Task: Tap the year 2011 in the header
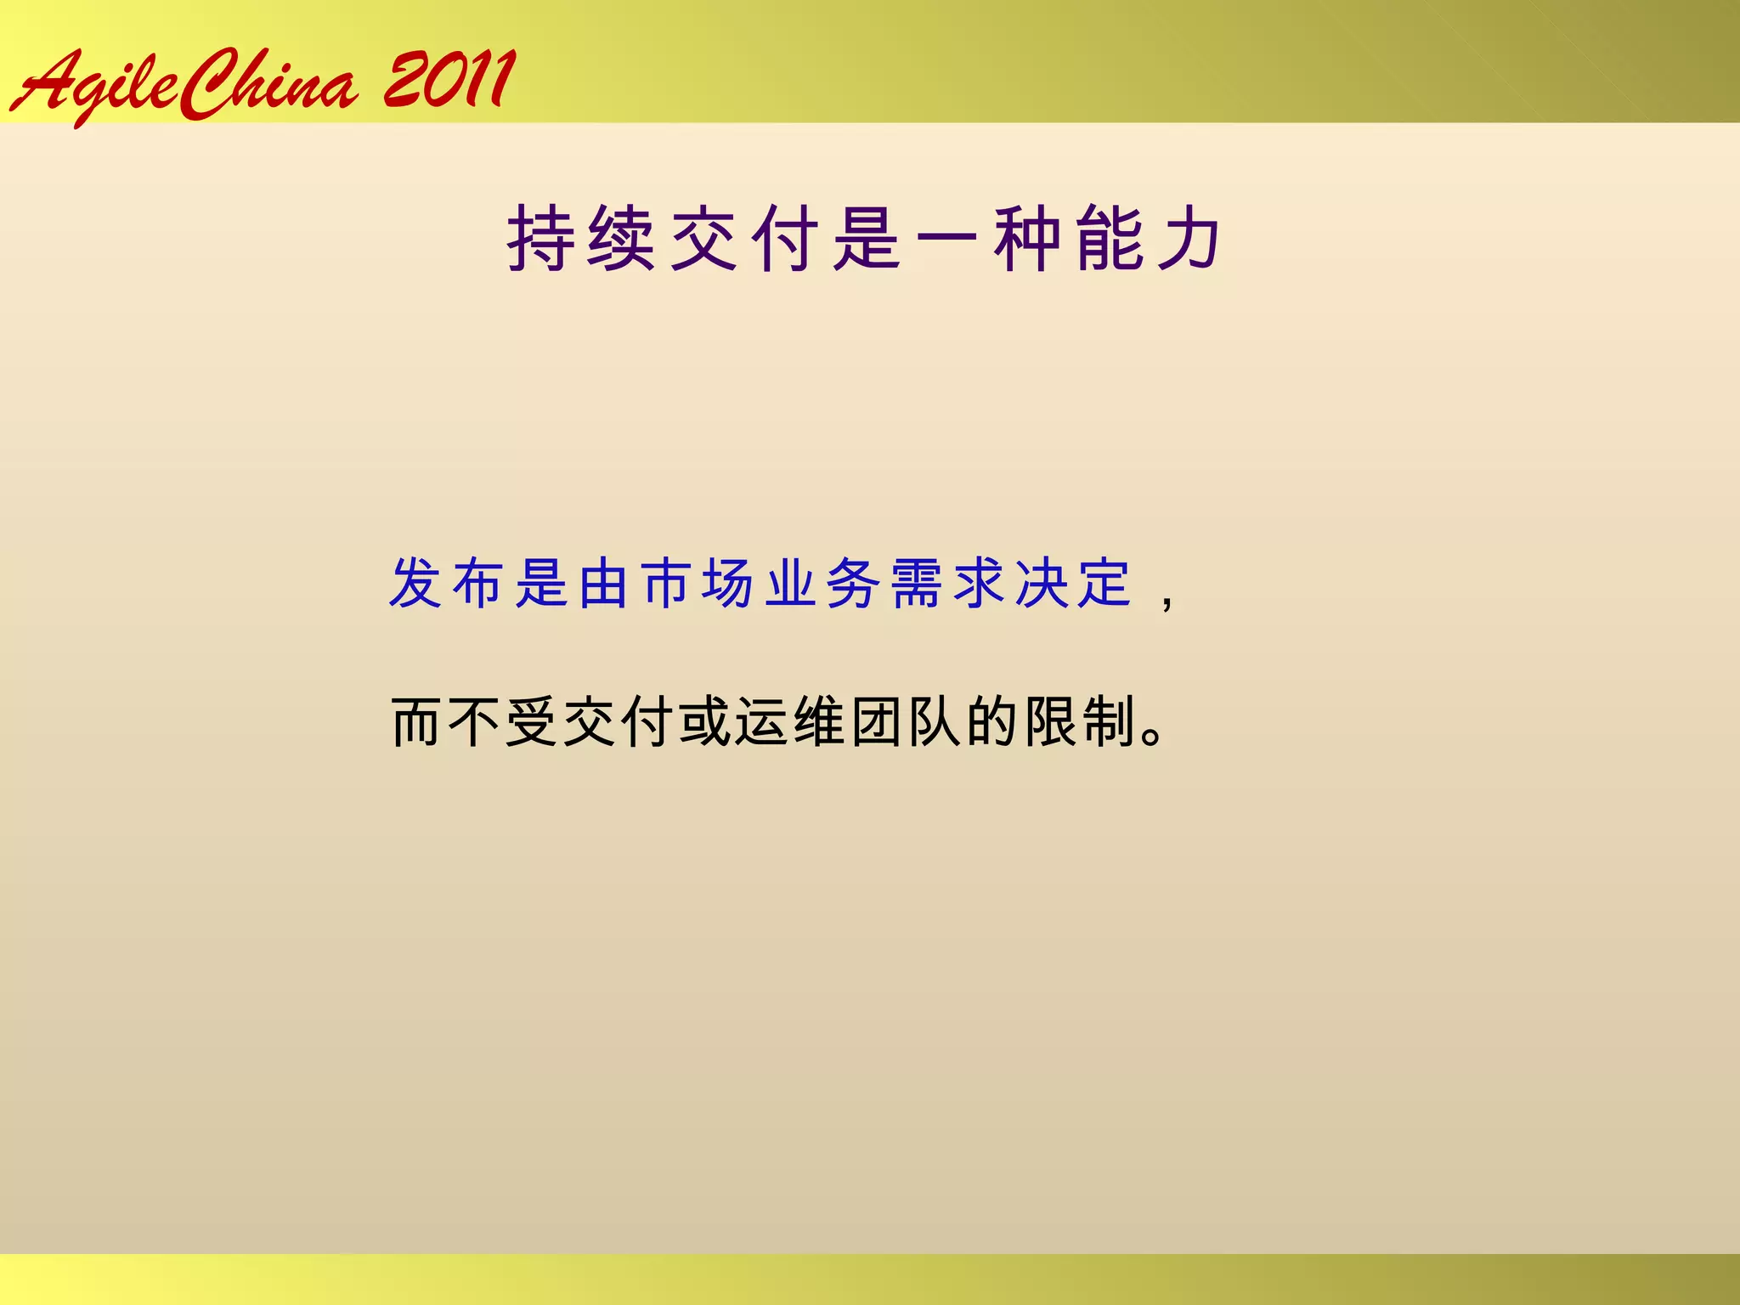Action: tap(449, 80)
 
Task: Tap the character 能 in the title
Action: tap(1109, 239)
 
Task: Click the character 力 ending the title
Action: tap(1189, 239)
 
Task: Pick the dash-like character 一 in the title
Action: tap(946, 240)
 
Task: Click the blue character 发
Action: tap(416, 584)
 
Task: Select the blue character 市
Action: tap(667, 584)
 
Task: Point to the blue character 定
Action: tap(1105, 584)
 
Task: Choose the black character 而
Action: tap(416, 722)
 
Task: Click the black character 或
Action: tap(705, 722)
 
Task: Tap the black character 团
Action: tap(878, 722)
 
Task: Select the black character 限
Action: tap(1051, 722)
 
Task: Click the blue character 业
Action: tap(792, 584)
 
